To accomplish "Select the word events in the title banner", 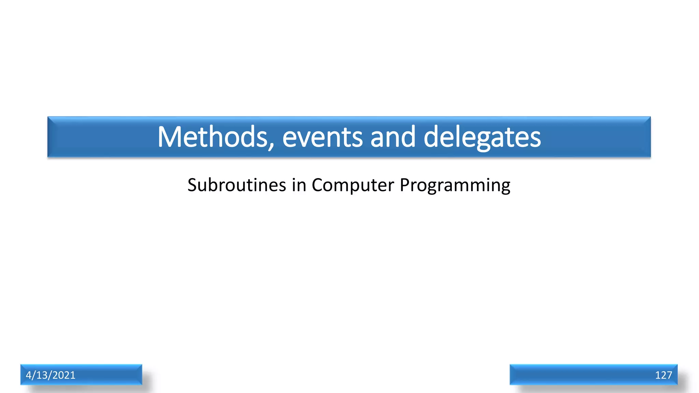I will tap(322, 137).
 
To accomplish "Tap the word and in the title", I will tap(393, 137).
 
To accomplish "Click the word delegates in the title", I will tap(482, 137).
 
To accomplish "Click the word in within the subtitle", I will tap(299, 185).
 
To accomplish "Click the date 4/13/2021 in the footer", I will tap(51, 375).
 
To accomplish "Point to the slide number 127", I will tap(663, 375).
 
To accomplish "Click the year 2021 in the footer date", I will tap(64, 375).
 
